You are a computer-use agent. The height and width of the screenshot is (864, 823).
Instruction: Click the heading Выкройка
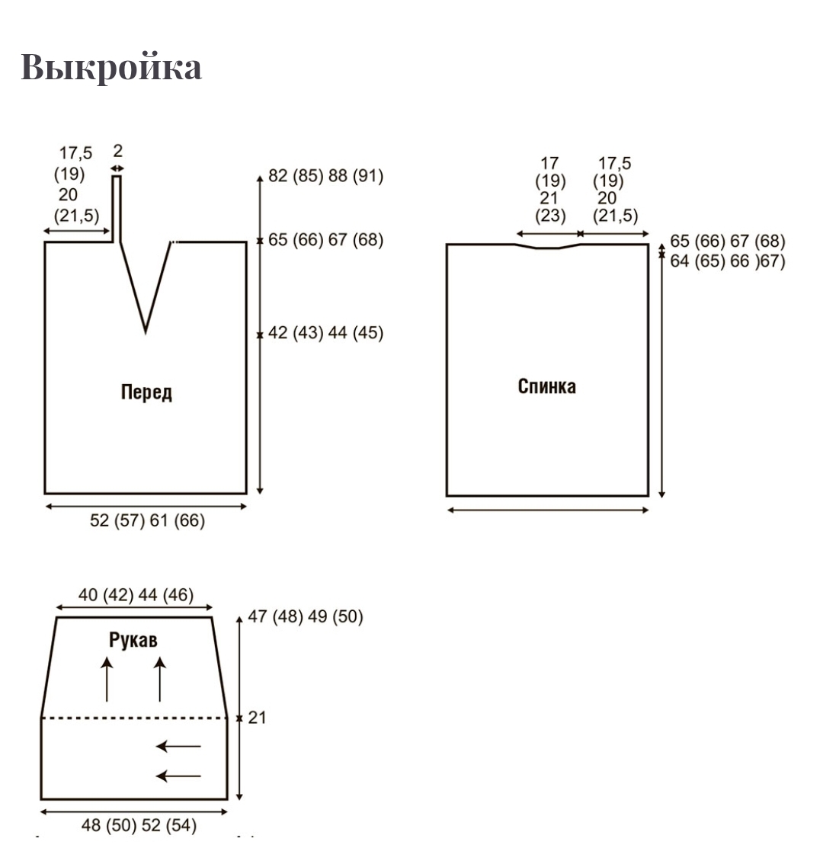coord(111,67)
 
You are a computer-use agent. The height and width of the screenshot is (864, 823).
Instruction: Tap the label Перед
coord(146,392)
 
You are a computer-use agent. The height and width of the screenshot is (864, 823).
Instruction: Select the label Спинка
coord(546,386)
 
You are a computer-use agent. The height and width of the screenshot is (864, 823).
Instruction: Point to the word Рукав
coord(133,640)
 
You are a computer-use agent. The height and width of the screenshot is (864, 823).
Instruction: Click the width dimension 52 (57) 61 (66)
coord(147,521)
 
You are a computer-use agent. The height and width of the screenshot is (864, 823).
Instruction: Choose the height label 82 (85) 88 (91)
coord(325,176)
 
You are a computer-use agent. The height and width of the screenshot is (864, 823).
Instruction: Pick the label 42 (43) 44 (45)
coord(325,333)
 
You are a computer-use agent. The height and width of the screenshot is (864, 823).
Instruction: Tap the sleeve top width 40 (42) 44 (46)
coord(136,594)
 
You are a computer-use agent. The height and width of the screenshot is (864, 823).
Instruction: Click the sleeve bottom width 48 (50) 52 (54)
coord(139,824)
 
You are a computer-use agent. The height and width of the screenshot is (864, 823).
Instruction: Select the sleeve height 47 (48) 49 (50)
coord(306,616)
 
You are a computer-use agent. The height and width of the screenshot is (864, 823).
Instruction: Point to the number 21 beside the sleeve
coord(257,718)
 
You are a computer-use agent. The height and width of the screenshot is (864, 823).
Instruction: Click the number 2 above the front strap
coord(117,152)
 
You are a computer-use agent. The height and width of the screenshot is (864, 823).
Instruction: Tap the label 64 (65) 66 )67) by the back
coord(727,261)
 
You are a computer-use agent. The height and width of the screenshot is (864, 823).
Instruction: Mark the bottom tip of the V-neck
coord(146,331)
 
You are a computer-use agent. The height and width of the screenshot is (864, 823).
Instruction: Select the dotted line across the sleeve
coord(134,718)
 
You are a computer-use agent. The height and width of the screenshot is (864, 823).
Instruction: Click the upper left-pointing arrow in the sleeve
coord(178,747)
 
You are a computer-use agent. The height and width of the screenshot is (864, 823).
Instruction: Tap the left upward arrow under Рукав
coord(107,680)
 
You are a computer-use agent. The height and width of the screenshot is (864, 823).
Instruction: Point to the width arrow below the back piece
coord(547,510)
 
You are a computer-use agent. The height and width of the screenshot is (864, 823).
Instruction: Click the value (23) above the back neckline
coord(549,216)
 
